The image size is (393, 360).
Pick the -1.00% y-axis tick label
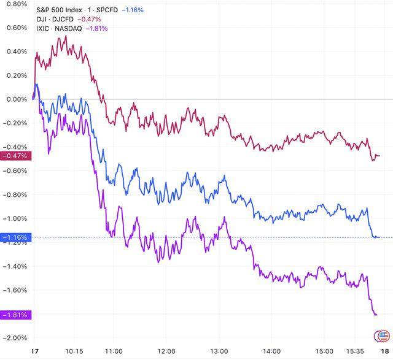point(14,218)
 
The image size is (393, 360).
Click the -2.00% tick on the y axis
point(14,338)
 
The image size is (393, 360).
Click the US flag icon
point(381,335)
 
